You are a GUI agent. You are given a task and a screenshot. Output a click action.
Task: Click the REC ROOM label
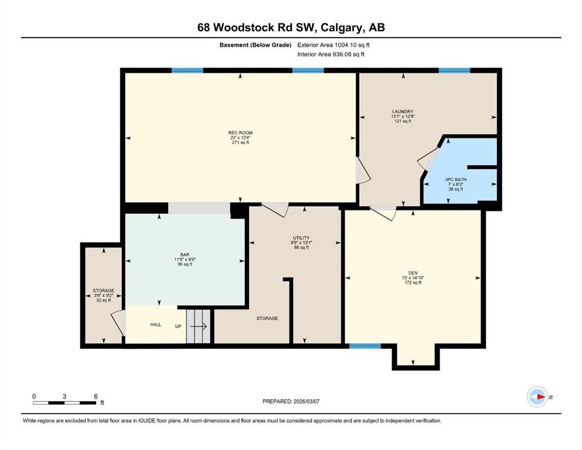coord(240,133)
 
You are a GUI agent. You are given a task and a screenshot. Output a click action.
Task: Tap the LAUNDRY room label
coord(403,112)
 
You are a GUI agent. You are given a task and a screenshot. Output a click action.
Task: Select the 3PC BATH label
coord(456,179)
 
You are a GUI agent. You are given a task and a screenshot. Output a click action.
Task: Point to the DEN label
coord(413,273)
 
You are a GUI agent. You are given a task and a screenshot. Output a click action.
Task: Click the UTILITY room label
coord(301,238)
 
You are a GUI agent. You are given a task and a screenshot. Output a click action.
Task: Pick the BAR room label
coord(185,255)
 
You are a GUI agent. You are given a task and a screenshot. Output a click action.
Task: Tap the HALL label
coord(155,325)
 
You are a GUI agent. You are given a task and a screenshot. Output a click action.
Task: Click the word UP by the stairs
coord(178,326)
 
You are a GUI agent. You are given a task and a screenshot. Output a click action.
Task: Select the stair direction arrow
coord(199,326)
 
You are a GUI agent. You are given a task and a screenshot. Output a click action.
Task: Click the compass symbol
coord(537,397)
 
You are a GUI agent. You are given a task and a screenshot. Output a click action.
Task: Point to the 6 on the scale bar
coord(96,396)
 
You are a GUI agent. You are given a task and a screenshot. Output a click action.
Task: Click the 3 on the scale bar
coord(64,396)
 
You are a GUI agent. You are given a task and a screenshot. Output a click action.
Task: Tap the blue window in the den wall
coord(365,346)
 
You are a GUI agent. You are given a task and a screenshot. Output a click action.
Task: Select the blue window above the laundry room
coord(454,70)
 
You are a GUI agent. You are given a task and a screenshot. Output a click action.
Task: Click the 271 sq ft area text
coord(240,142)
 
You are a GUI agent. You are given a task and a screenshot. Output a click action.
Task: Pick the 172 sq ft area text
coord(413,282)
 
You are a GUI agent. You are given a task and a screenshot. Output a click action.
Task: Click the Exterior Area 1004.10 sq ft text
coord(333,45)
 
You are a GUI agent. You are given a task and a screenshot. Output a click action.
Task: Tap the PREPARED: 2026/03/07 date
coord(291,401)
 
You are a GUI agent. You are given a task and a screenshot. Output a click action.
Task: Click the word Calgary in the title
coord(342,28)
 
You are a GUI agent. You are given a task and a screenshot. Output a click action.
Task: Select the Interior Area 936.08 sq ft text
coord(331,54)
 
